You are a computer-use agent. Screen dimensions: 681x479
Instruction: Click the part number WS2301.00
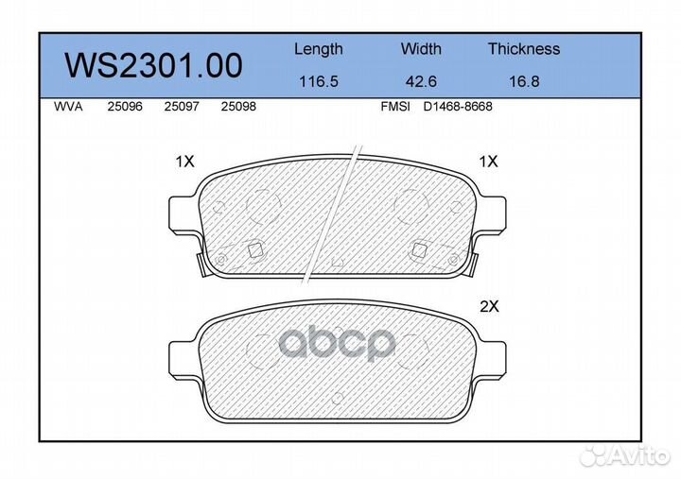[x=153, y=65]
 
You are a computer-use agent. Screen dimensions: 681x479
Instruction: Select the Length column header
[x=319, y=49]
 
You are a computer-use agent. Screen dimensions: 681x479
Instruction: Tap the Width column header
[x=421, y=48]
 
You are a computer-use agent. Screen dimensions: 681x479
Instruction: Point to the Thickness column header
[x=524, y=48]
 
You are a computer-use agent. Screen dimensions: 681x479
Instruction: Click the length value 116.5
[x=319, y=81]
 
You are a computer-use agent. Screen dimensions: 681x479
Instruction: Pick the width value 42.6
[x=421, y=81]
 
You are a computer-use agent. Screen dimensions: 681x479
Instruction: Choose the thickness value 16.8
[x=524, y=81]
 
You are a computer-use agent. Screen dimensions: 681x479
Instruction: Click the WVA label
[x=68, y=107]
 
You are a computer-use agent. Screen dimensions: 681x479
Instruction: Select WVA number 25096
[x=125, y=107]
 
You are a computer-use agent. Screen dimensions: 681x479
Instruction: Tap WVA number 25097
[x=182, y=107]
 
